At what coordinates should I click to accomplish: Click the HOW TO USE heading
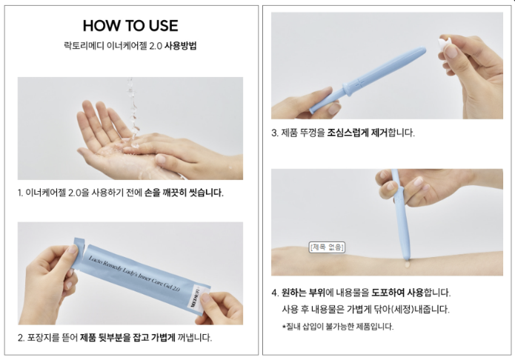[130, 26]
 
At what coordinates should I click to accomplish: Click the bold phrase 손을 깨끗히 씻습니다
[184, 193]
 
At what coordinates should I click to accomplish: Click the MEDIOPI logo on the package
[194, 298]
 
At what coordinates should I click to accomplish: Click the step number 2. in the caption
[21, 338]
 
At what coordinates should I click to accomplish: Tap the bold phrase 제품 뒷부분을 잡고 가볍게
[127, 337]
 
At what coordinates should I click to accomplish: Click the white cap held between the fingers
[444, 44]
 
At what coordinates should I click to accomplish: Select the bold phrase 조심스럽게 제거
[357, 133]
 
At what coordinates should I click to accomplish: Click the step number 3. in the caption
[275, 133]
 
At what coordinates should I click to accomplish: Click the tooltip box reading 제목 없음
[327, 247]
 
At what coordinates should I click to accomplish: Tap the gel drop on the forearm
[408, 264]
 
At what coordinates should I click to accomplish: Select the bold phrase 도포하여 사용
[397, 293]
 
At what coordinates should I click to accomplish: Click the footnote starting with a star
[338, 327]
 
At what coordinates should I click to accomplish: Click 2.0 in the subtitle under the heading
[156, 46]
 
